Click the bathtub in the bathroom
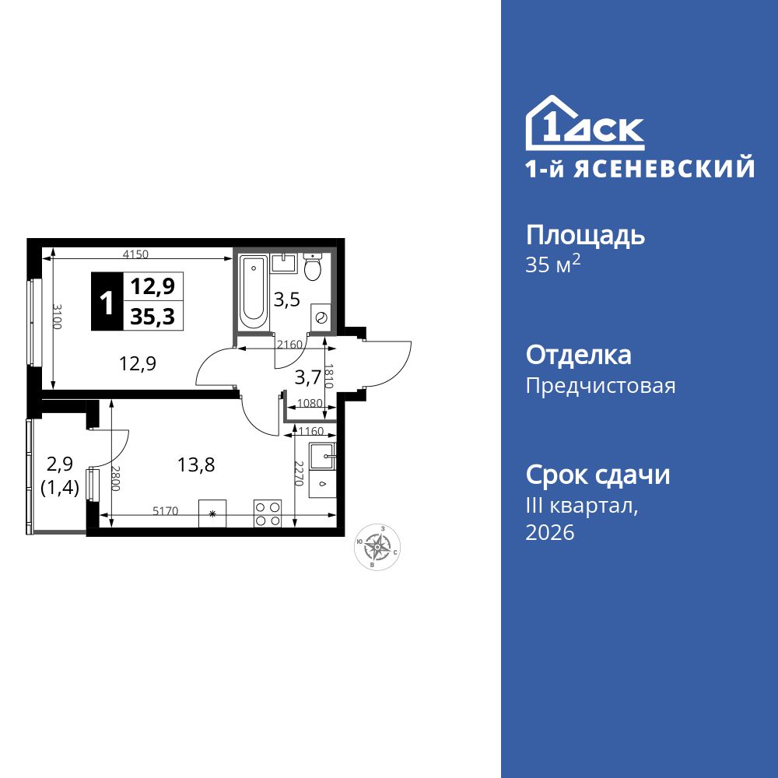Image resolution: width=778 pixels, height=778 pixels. [x=253, y=293]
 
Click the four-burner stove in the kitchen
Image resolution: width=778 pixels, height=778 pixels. [x=268, y=513]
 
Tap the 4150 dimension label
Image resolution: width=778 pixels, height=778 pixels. [x=135, y=254]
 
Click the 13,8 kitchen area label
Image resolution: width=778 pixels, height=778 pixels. [x=196, y=465]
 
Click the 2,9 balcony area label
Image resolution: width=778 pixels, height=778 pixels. [x=60, y=465]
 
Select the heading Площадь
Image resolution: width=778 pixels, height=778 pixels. [x=585, y=236]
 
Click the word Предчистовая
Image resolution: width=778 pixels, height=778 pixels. [x=601, y=386]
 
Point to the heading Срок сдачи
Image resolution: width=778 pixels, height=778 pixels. [x=598, y=475]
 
